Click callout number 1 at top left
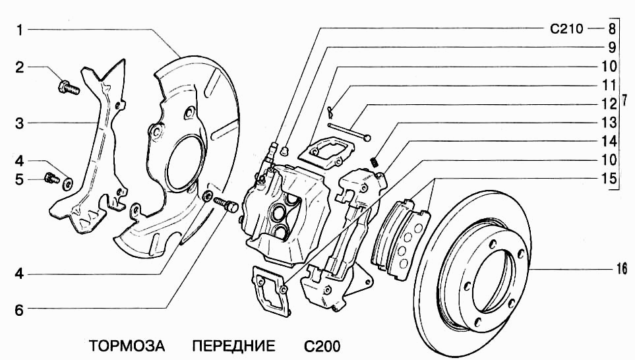[x=19, y=30]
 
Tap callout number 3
[x=19, y=123]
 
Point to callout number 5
[x=19, y=179]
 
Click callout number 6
[x=19, y=310]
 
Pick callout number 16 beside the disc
[x=622, y=268]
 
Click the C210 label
[x=566, y=29]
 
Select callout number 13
[x=609, y=123]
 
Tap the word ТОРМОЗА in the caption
[x=127, y=346]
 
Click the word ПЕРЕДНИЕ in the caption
[x=233, y=346]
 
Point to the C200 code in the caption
[x=322, y=347]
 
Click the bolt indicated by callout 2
[x=69, y=88]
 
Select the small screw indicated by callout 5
[x=51, y=177]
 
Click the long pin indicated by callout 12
[x=349, y=132]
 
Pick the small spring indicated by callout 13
[x=375, y=162]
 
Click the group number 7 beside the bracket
[x=624, y=100]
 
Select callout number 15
[x=609, y=179]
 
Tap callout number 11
[x=609, y=86]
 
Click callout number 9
[x=612, y=47]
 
